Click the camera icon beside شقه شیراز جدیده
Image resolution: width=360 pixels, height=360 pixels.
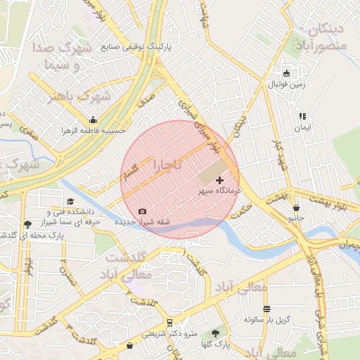(x=143, y=211)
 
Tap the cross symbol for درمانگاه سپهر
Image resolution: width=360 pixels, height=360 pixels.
(x=219, y=181)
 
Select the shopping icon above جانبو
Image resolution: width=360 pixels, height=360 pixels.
(x=296, y=208)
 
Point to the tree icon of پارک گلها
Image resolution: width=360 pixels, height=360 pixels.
(x=215, y=333)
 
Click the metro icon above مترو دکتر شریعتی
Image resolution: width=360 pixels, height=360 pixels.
(x=169, y=323)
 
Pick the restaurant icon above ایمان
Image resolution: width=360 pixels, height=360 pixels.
(x=302, y=116)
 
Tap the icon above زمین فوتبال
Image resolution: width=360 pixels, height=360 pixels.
(x=286, y=74)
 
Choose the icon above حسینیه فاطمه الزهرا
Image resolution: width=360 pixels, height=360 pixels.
(x=93, y=120)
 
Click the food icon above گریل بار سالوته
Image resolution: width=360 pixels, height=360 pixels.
(x=266, y=309)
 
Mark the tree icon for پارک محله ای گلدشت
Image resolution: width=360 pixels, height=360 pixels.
(x=27, y=224)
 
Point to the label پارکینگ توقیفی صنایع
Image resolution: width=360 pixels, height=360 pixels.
(x=140, y=48)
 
